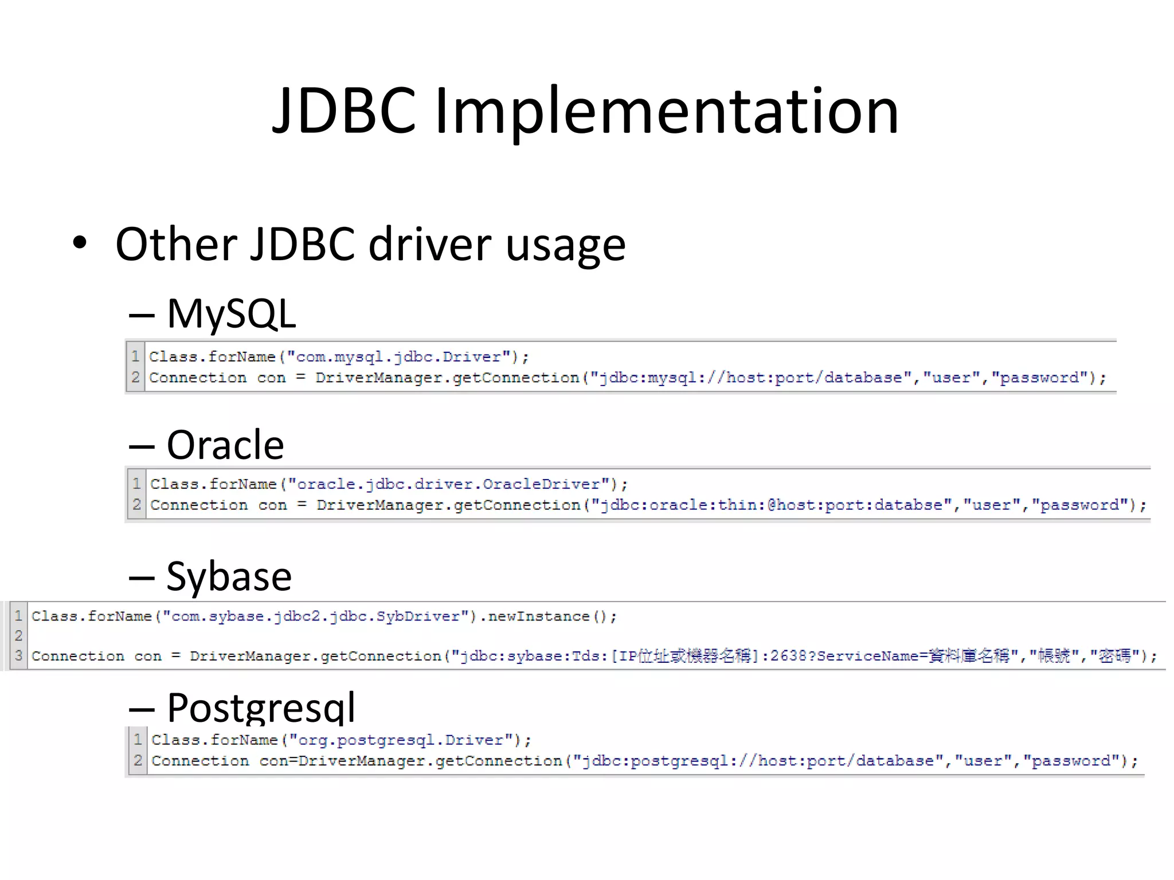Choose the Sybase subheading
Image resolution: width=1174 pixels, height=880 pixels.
pyautogui.click(x=229, y=576)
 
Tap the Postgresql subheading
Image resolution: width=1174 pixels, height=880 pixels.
pyautogui.click(x=261, y=707)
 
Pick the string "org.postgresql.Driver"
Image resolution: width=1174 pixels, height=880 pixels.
pyautogui.click(x=401, y=740)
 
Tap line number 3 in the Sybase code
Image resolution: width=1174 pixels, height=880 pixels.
pyautogui.click(x=19, y=655)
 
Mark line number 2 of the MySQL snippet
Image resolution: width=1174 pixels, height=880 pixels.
pyautogui.click(x=136, y=378)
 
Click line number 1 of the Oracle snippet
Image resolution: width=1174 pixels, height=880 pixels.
pyautogui.click(x=136, y=484)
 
